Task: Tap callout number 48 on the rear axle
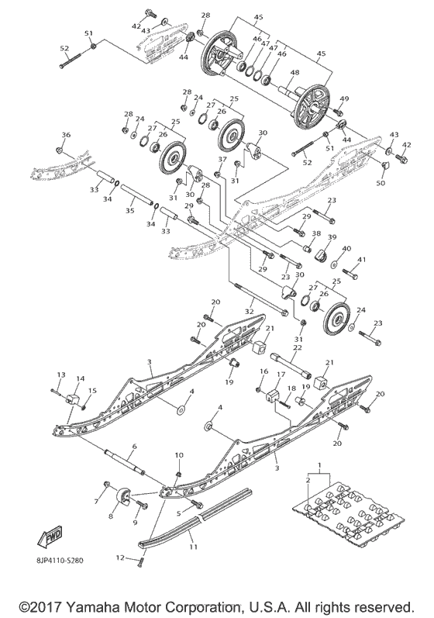[x=295, y=73]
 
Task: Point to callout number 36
[x=66, y=135]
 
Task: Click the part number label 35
[x=129, y=209]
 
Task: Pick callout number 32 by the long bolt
[x=249, y=311]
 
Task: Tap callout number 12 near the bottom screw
[x=120, y=557]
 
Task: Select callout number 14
[x=80, y=378]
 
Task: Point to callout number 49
[x=344, y=98]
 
